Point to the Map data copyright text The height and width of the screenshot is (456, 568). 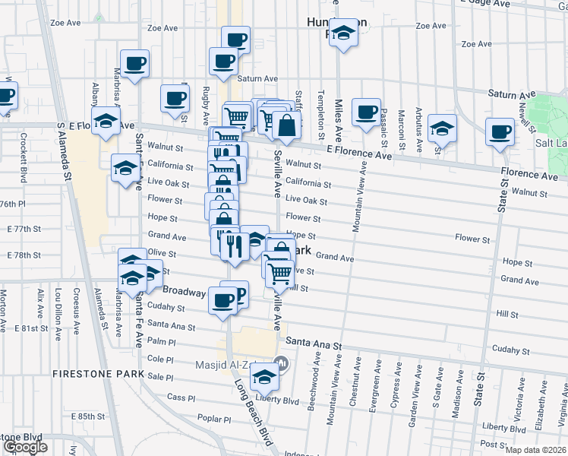tap(535, 450)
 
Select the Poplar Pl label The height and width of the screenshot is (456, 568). tap(213, 419)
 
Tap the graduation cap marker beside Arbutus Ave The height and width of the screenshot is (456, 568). tap(441, 129)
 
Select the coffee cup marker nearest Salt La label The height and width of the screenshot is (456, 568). tap(500, 131)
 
